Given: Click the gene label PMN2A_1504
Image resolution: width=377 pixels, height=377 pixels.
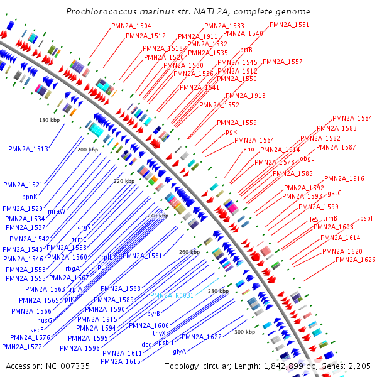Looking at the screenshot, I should click(x=131, y=26).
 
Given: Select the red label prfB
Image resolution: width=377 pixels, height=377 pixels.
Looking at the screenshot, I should click(x=246, y=50).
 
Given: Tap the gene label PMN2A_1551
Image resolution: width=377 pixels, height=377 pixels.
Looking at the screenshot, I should click(x=289, y=25).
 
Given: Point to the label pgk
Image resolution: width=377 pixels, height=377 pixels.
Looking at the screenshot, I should click(x=231, y=132).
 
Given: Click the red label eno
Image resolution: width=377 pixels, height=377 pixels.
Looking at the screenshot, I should click(x=249, y=150).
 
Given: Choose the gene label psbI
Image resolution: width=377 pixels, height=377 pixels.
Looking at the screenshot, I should click(x=366, y=218).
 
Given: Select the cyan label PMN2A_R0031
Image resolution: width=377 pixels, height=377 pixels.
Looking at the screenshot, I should click(x=172, y=295).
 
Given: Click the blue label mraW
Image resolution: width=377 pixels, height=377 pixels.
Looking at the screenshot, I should click(x=57, y=210).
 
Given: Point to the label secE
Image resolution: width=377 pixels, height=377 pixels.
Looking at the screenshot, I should click(x=36, y=329).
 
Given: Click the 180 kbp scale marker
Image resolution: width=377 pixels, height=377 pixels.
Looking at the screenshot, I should click(x=48, y=119).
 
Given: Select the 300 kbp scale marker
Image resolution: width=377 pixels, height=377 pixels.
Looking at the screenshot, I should click(x=244, y=331).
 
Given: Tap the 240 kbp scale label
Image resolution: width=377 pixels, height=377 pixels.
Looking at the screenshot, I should click(x=158, y=216).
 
